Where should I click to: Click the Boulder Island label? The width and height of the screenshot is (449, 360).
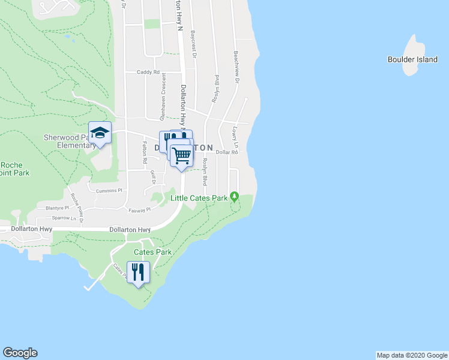pos(412,59)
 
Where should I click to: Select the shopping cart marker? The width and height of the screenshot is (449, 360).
pos(181,155)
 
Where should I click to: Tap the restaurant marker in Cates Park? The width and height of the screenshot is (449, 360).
pos(139,272)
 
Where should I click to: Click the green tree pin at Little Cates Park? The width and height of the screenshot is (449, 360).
pos(235,196)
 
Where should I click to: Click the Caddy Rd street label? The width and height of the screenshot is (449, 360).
pos(148,72)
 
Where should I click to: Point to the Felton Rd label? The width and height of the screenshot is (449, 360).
pos(145,153)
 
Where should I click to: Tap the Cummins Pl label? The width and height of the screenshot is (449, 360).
pos(109,190)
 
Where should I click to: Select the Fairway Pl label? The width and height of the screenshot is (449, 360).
pos(139,210)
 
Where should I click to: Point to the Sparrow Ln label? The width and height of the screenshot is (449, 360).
pos(64,218)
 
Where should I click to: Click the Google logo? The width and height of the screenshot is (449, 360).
pos(20,353)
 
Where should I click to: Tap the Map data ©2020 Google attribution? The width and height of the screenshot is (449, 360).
pos(412,355)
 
